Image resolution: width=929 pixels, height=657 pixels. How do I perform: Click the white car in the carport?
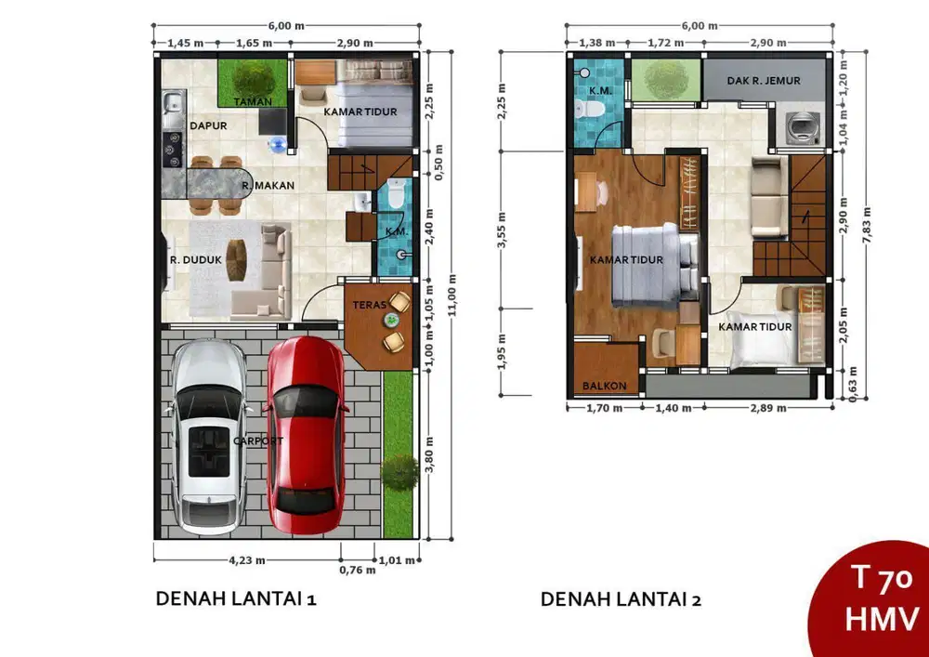[208, 437]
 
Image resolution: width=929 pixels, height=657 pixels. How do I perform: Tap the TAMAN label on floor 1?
[253, 100]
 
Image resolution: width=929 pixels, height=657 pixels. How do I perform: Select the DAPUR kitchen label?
[209, 125]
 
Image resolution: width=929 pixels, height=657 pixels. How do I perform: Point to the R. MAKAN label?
[268, 186]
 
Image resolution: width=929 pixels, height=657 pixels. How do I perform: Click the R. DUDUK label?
[195, 260]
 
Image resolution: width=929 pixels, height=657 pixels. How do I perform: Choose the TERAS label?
[370, 305]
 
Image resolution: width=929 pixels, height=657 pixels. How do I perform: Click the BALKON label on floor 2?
[604, 386]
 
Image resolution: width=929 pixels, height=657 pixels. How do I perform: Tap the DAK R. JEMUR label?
[765, 81]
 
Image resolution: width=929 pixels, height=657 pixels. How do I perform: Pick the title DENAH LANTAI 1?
[236, 600]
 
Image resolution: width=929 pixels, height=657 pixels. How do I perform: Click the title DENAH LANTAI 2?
[621, 600]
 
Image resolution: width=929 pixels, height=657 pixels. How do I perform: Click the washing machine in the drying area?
[798, 127]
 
